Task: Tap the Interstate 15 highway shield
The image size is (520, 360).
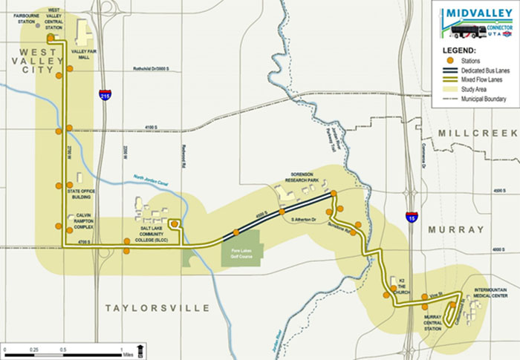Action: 412,216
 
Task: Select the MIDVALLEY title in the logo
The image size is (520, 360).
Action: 476,14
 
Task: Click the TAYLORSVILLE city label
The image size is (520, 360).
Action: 157,307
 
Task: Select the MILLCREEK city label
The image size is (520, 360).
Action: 475,132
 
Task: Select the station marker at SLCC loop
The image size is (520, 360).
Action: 174,223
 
